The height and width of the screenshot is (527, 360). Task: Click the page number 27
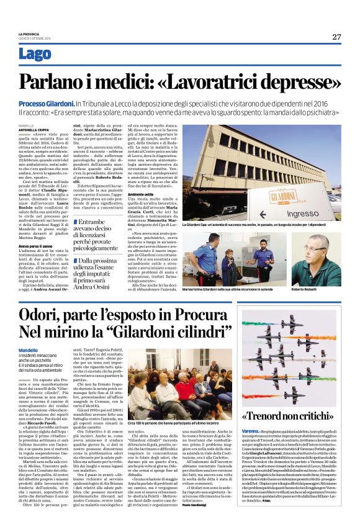(336, 37)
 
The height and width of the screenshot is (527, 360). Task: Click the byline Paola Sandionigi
(210, 504)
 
